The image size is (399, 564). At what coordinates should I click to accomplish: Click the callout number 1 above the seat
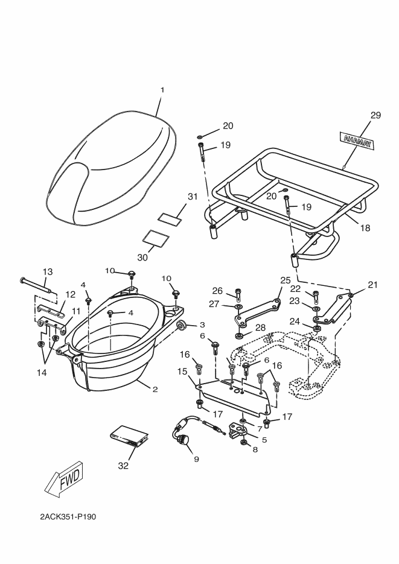tap(162, 90)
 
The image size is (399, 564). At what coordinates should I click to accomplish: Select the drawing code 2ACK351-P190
tap(68, 517)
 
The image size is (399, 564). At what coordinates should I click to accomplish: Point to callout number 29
tap(375, 115)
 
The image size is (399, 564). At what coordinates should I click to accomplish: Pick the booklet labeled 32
tap(128, 436)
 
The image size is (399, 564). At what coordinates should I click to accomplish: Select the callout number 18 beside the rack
tap(365, 227)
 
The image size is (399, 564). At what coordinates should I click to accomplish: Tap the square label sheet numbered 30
tap(156, 238)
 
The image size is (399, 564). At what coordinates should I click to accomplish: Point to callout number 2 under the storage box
tap(155, 389)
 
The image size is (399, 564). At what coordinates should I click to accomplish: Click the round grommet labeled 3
tap(182, 325)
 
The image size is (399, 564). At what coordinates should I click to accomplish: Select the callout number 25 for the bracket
tap(286, 280)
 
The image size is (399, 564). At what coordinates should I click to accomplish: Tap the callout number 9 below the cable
tap(196, 459)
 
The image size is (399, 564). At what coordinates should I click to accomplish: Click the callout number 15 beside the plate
tap(182, 371)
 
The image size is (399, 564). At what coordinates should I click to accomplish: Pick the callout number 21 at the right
tap(372, 285)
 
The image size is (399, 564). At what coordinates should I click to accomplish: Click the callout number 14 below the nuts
tap(42, 373)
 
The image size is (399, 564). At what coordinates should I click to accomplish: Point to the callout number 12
tap(71, 294)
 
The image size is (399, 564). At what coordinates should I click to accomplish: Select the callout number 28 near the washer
tap(261, 328)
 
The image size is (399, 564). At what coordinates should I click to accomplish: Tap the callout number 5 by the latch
tap(264, 440)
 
